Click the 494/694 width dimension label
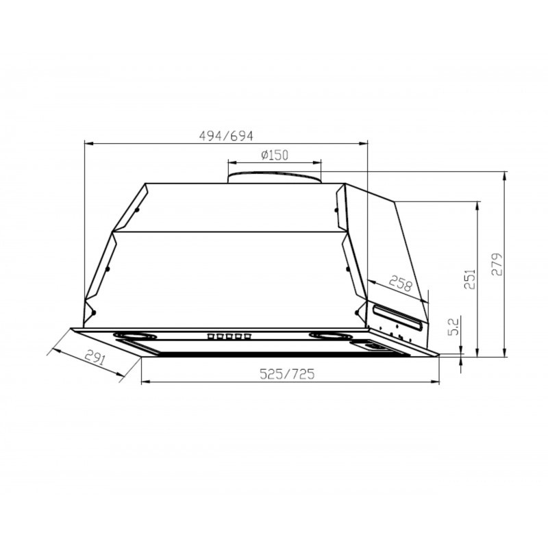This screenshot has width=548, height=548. (221, 136)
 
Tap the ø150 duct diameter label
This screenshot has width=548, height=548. (274, 155)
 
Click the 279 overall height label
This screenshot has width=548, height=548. (497, 264)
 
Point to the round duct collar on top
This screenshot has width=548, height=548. (274, 177)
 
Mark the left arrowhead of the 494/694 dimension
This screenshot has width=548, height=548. (86, 143)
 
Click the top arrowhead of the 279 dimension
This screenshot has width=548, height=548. (505, 173)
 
